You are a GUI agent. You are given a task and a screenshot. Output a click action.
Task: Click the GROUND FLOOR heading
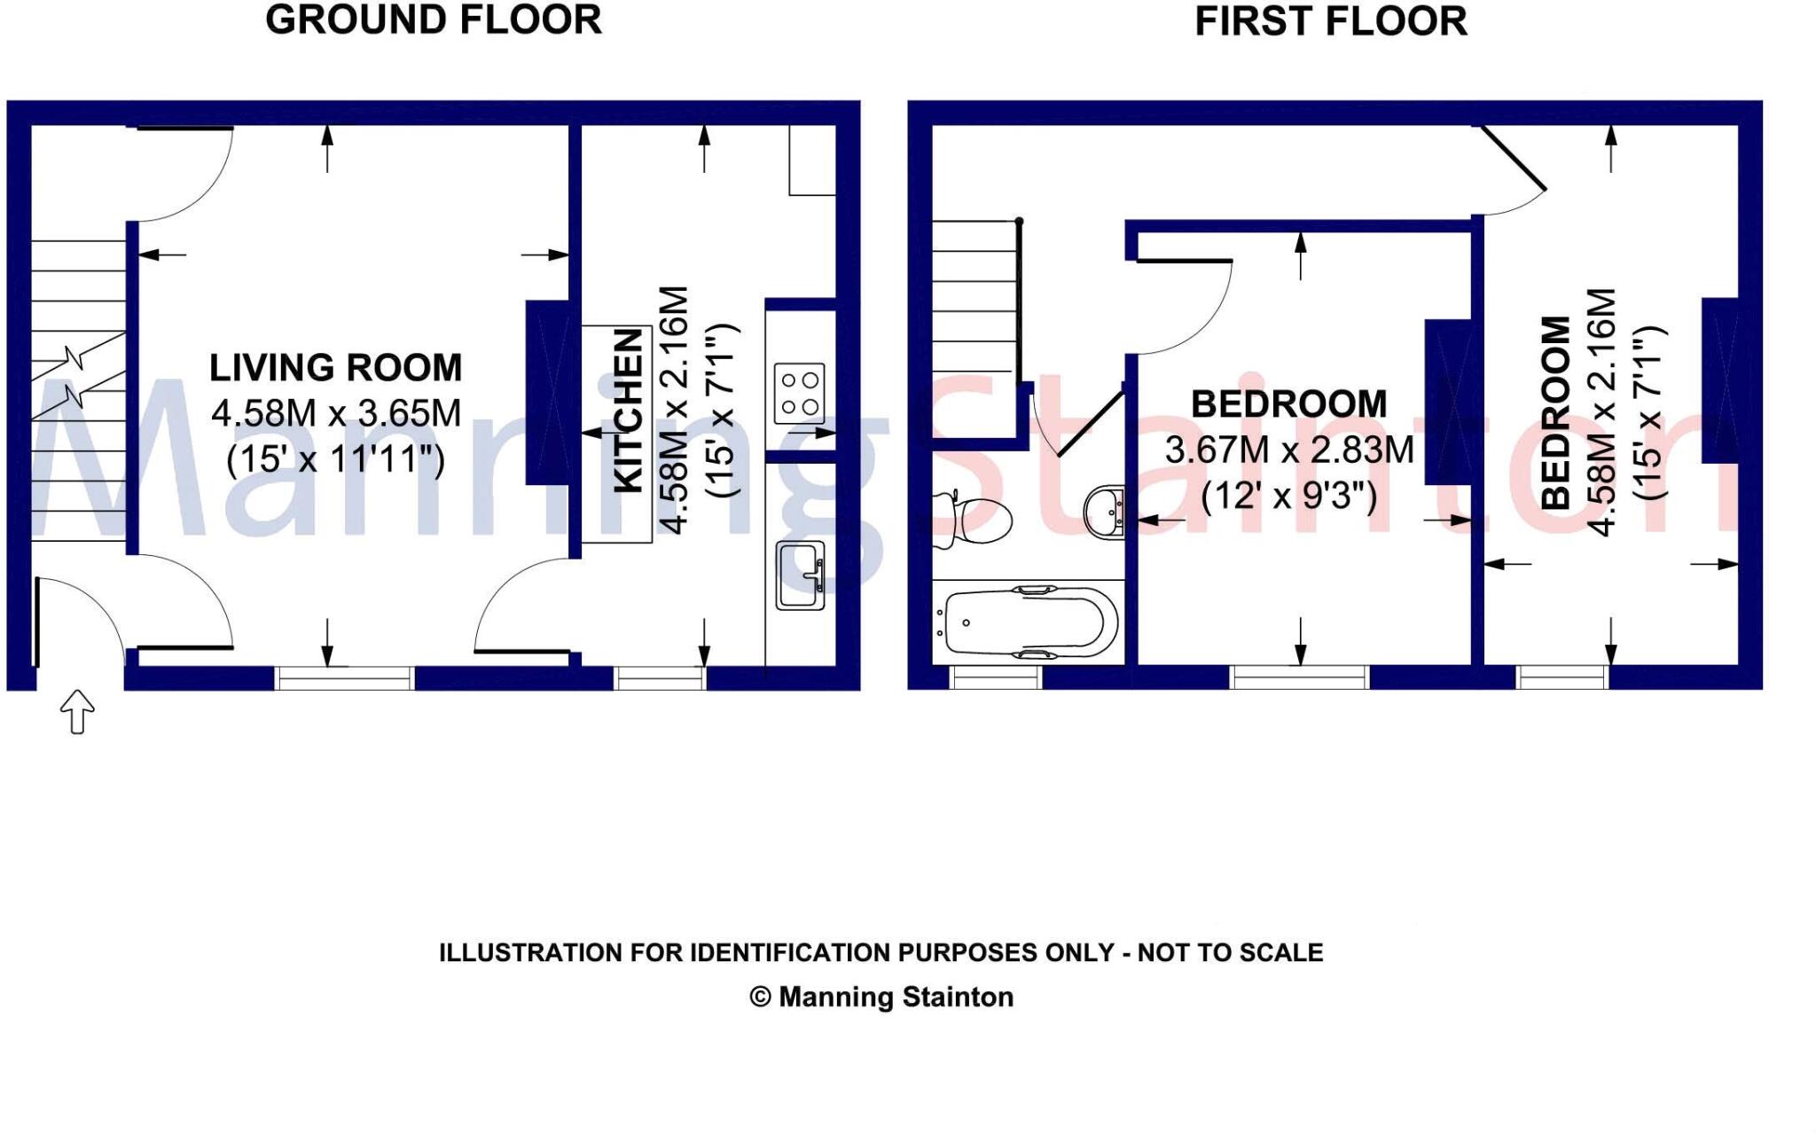pos(434,20)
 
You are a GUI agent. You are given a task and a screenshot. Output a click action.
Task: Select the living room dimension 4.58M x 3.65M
pos(336,413)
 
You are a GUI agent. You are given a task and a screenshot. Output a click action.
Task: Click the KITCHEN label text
pos(629,411)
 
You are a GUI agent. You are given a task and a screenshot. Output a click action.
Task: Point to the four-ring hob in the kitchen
pos(799,394)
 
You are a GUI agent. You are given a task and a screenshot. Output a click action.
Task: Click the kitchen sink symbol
pos(801,575)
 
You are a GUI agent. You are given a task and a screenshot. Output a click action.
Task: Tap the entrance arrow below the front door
pos(77,711)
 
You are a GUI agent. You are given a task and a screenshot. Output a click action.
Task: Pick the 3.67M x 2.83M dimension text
pos(1288,450)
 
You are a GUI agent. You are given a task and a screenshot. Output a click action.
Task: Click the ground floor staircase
pos(78,390)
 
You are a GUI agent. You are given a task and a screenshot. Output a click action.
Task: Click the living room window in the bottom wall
pos(344,678)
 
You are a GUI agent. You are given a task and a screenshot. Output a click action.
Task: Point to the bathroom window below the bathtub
pos(996,678)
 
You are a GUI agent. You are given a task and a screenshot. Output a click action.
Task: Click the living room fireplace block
pos(548,393)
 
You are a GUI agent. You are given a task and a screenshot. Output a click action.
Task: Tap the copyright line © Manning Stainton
pos(881,998)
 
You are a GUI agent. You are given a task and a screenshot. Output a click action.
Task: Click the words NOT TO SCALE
pos(1230,953)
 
